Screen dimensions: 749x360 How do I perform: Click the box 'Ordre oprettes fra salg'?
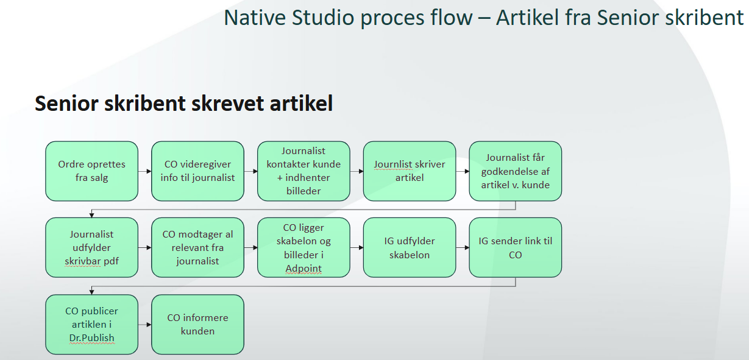click(91, 171)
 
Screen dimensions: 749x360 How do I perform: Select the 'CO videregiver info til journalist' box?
click(197, 171)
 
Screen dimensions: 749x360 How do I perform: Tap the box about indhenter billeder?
click(304, 171)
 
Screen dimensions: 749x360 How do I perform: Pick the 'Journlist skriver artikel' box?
click(410, 171)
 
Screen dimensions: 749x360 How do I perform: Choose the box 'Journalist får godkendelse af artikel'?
click(515, 171)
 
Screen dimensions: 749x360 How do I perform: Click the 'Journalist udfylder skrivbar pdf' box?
click(91, 248)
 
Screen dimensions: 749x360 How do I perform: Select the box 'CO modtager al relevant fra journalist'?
click(197, 248)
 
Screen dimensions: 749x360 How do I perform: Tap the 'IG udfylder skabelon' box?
click(410, 248)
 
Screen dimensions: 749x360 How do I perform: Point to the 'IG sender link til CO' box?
click(515, 248)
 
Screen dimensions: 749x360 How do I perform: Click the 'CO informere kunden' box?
click(197, 324)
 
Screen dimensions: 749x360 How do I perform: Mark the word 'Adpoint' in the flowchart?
click(304, 269)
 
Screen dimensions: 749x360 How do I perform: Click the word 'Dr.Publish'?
click(91, 338)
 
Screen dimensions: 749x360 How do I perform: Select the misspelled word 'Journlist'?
click(393, 164)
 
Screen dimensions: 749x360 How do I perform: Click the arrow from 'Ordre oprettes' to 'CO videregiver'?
click(145, 172)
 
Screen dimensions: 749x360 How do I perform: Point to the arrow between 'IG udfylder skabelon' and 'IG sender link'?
click(463, 248)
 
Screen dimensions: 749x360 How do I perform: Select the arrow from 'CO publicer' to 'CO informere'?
click(145, 325)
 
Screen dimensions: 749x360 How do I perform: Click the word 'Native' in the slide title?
click(255, 18)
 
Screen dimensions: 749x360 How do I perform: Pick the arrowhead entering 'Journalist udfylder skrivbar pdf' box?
click(91, 215)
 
